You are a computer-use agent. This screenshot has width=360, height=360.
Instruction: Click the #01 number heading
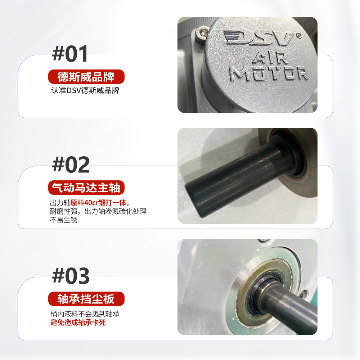pos(70,54)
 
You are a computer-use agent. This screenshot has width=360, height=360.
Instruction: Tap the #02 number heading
pos(71,165)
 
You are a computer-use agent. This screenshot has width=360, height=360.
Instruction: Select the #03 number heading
pos(71,276)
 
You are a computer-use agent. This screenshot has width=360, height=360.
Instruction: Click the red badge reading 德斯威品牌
pos(86,77)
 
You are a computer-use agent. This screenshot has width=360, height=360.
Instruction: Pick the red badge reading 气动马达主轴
pos(86,188)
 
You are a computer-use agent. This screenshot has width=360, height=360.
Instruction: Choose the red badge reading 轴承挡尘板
pos(86,299)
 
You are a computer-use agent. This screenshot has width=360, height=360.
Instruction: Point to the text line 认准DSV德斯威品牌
pos(85,90)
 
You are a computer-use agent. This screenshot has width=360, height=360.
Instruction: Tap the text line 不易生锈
pos(63,220)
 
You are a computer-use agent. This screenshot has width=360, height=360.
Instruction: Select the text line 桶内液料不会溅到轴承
pos(85,314)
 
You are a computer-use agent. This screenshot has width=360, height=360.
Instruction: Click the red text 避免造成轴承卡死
pos(78,323)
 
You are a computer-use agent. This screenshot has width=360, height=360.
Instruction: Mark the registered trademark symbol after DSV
pos(298,35)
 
